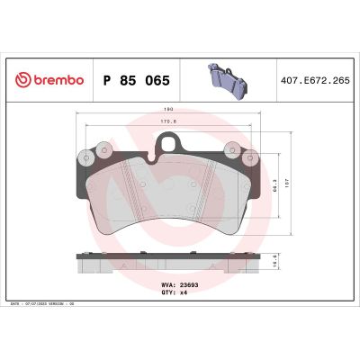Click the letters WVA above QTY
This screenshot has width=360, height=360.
coord(167,284)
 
